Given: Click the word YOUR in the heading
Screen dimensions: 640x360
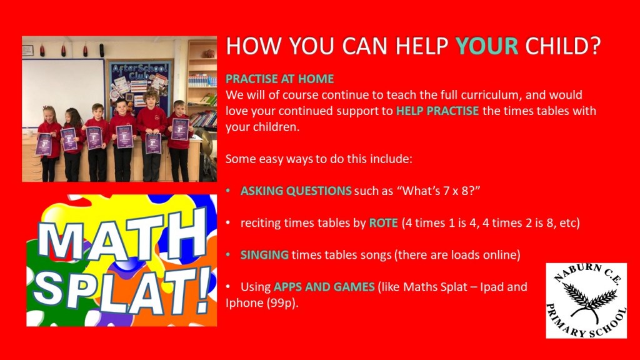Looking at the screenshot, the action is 486,45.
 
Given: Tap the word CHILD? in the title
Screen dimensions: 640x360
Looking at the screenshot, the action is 563,45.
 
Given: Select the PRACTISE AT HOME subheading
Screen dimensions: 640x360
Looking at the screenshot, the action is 279,79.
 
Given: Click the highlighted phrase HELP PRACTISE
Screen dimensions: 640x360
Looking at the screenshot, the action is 437,111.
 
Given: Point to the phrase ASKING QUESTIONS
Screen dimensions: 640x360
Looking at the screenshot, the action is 296,191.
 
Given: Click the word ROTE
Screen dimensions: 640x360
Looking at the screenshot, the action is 383,223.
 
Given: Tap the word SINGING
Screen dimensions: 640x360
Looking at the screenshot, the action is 264,255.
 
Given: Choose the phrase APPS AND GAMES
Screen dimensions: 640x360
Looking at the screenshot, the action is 324,286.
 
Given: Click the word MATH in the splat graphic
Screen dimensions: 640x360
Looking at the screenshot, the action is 122,237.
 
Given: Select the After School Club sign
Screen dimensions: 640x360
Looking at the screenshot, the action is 139,71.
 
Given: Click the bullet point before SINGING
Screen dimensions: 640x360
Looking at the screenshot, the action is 228,255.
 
